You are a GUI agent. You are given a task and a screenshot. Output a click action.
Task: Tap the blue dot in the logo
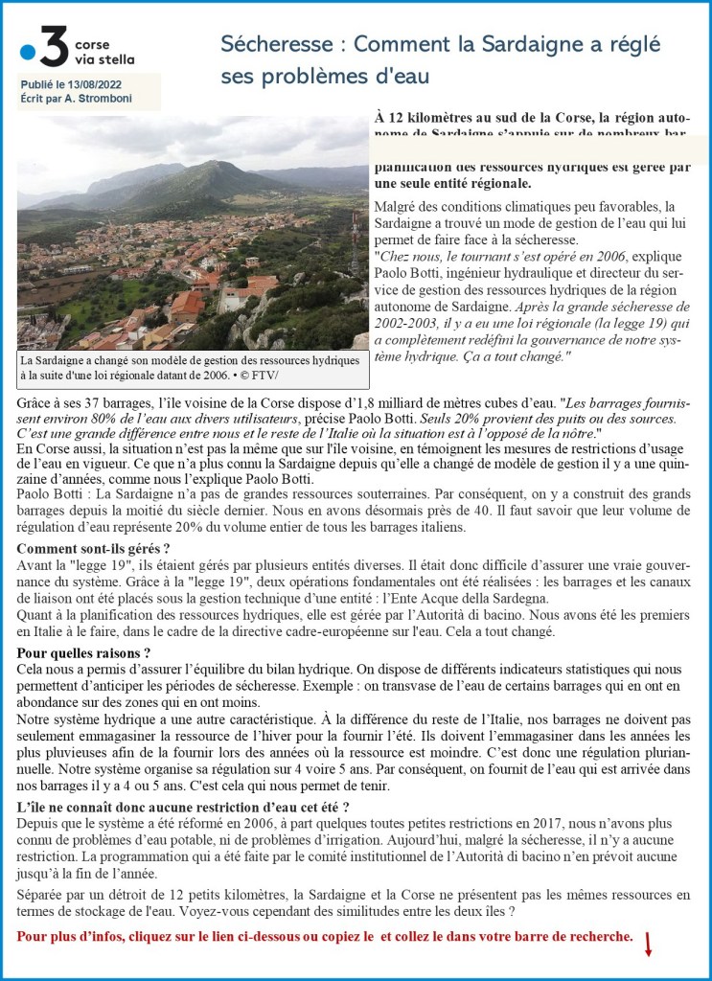tap(29, 54)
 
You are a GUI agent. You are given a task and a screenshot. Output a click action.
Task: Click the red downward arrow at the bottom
tap(648, 945)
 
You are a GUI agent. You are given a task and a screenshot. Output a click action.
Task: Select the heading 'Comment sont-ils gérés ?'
tap(94, 549)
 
